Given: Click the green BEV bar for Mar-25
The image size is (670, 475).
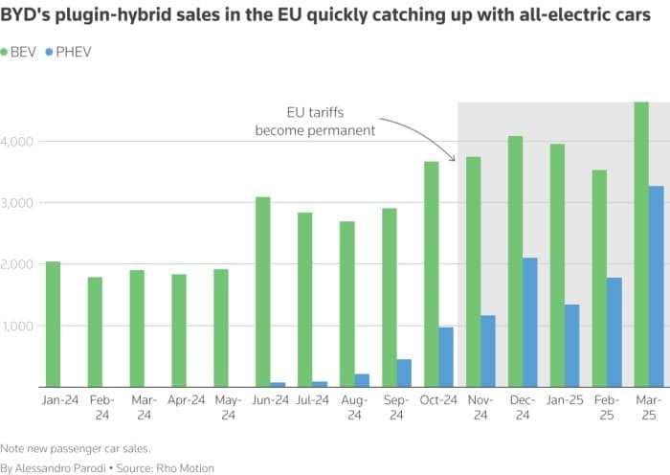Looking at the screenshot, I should [x=641, y=244].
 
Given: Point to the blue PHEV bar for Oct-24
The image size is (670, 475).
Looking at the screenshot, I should [x=446, y=356].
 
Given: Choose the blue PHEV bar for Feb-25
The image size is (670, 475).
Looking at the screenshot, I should [x=614, y=331].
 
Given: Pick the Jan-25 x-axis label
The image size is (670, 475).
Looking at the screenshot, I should [x=565, y=400].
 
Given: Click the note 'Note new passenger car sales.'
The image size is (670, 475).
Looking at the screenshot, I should [x=76, y=447].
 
